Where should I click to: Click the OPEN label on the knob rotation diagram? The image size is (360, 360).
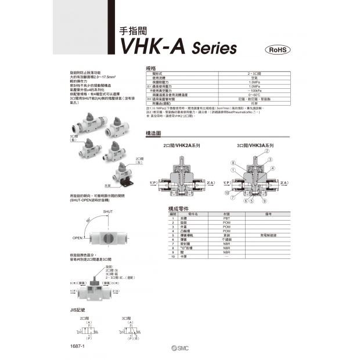coord(77,238)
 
